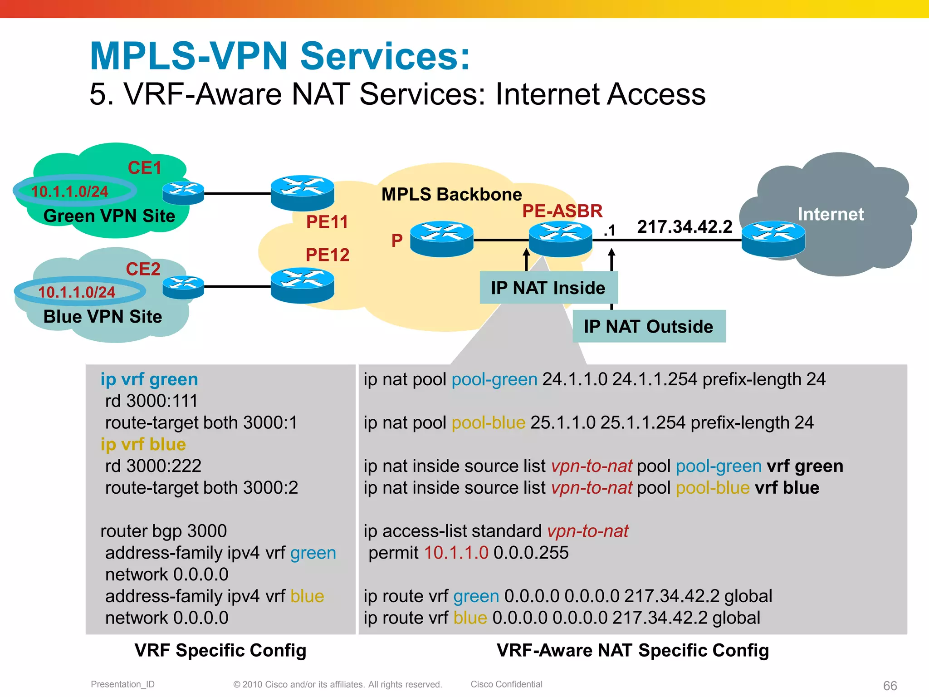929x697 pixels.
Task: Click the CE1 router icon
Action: [183, 193]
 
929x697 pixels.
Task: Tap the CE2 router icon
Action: [183, 287]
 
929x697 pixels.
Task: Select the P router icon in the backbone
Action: [441, 239]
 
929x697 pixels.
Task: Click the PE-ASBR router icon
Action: [561, 239]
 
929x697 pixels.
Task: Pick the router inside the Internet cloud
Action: [773, 239]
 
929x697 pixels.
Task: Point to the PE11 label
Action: [327, 222]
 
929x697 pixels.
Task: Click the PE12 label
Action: [328, 255]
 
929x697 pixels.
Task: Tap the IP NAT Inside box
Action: [548, 288]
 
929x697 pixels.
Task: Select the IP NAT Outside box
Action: [649, 326]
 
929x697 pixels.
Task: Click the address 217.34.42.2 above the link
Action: [685, 226]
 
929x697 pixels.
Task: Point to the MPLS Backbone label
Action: [451, 194]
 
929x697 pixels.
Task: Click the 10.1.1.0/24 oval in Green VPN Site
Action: [75, 191]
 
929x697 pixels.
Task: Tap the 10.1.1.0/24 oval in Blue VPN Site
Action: [80, 291]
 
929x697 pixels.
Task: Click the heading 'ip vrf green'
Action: [149, 379]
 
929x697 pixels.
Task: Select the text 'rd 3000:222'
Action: [153, 466]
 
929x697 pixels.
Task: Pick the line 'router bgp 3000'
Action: [163, 531]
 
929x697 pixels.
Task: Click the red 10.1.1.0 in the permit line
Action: [456, 553]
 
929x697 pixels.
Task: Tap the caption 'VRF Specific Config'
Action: [220, 650]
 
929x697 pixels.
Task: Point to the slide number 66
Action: [890, 686]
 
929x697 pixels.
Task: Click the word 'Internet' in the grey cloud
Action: [831, 214]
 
